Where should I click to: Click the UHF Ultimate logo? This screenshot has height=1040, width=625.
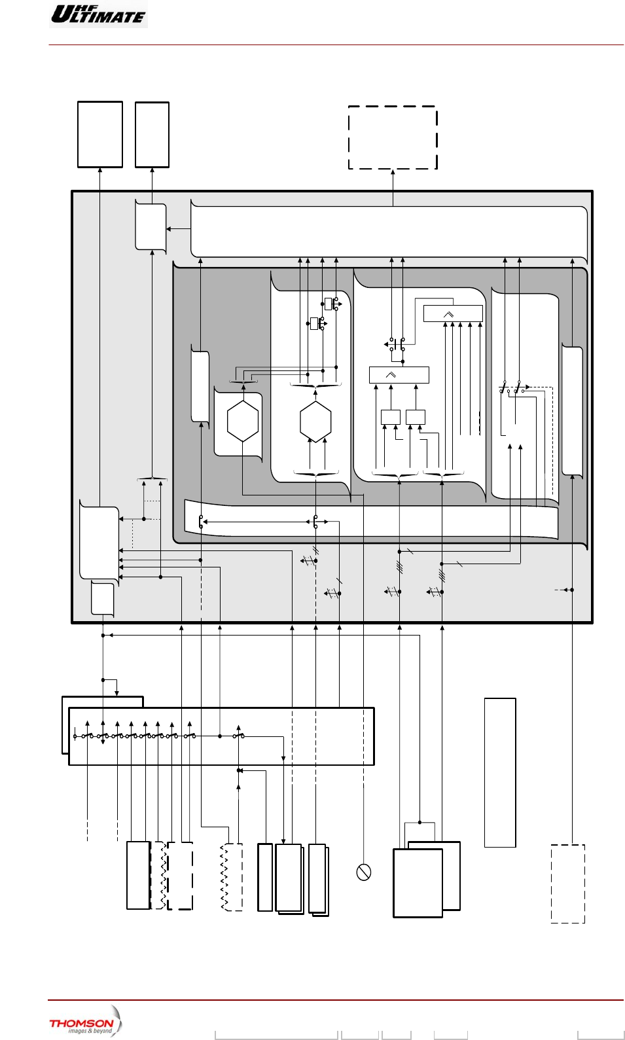(99, 14)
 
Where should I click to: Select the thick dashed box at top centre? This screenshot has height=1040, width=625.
(393, 137)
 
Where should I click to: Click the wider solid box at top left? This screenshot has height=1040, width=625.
(100, 134)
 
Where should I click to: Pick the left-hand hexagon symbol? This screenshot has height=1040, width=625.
(243, 421)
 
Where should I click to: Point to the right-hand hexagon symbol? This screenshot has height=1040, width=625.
(315, 421)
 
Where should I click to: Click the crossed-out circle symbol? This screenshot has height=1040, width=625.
(364, 872)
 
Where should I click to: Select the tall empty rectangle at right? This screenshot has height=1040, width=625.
(500, 772)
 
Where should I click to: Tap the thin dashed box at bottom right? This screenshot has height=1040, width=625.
(567, 884)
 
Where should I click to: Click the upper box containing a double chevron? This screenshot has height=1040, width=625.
(453, 314)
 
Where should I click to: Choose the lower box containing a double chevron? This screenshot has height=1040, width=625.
(399, 374)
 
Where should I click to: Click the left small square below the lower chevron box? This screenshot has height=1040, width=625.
(390, 417)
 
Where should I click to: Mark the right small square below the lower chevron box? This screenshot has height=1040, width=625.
(416, 417)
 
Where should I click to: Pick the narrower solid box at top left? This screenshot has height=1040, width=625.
(152, 134)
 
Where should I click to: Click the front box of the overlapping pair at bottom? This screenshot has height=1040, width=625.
(418, 882)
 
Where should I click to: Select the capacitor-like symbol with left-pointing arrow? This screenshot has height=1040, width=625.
(395, 344)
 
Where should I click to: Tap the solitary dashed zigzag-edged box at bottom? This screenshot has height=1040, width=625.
(232, 877)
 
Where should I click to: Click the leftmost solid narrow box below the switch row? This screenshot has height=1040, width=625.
(138, 875)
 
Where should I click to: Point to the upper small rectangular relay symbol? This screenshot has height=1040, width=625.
(329, 304)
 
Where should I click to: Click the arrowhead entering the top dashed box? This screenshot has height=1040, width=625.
(393, 172)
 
